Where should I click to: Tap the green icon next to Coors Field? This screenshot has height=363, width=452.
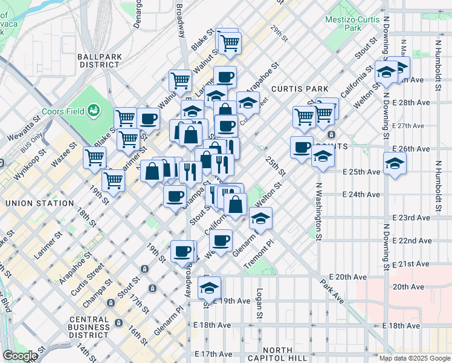(x=94, y=110)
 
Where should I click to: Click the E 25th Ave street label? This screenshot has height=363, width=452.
(x=361, y=172)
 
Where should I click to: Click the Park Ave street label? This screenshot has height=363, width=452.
(x=332, y=290)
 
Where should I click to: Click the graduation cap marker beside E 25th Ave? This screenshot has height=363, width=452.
(x=395, y=163)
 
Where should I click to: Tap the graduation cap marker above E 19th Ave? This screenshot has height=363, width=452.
(x=209, y=287)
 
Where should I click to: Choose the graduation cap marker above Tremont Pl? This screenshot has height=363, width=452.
(x=260, y=218)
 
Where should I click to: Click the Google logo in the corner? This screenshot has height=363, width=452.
(x=20, y=356)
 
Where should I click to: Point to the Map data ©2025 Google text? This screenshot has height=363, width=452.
(x=415, y=358)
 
